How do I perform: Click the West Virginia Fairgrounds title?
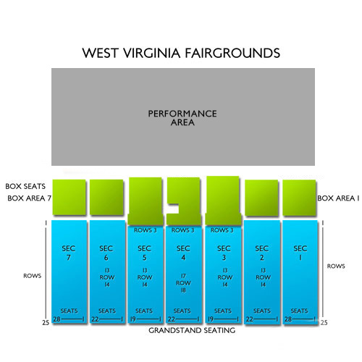(x=181, y=54)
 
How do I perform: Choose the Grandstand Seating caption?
(x=192, y=330)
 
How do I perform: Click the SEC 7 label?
(x=70, y=253)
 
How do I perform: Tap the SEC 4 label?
(x=183, y=253)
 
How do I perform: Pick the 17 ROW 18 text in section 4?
(x=183, y=282)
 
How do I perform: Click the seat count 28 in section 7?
(x=56, y=319)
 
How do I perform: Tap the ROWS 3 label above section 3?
(x=222, y=230)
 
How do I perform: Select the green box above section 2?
(x=261, y=198)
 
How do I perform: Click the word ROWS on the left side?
(x=31, y=275)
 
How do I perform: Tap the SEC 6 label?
(x=107, y=253)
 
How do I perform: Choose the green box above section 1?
(x=299, y=198)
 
